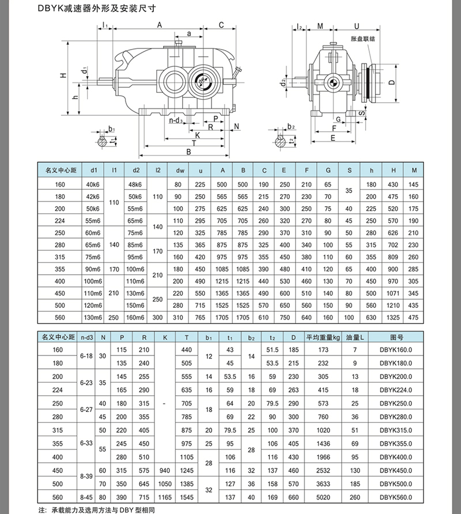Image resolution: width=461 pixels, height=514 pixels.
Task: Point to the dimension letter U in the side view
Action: click(357, 26)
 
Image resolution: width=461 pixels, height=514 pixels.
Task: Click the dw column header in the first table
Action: click(179, 170)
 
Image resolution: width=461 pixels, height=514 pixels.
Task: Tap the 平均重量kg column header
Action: click(323, 337)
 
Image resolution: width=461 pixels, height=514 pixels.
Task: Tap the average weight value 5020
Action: click(323, 497)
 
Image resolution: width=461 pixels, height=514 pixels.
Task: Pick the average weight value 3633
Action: click(323, 483)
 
